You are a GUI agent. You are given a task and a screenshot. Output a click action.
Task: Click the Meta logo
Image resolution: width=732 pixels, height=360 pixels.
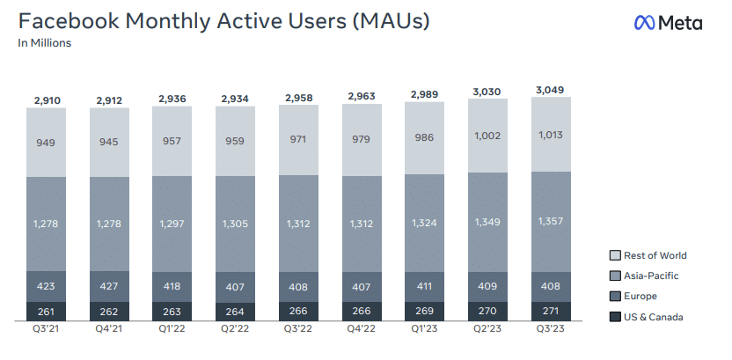coord(668,23)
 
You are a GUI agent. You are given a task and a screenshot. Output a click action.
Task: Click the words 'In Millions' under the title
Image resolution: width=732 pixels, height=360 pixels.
coord(45,42)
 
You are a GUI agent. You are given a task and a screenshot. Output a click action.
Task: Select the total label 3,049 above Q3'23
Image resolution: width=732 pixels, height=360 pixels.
coord(551,90)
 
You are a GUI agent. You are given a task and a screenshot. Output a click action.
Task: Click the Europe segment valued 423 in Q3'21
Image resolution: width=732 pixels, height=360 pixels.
coord(47,285)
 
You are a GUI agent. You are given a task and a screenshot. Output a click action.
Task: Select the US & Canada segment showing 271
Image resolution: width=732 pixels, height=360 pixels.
coord(551,312)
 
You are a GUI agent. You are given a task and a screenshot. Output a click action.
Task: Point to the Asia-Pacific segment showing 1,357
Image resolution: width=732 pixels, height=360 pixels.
coord(551,220)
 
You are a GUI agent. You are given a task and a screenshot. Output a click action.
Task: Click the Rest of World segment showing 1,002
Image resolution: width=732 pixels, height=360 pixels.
coord(487,136)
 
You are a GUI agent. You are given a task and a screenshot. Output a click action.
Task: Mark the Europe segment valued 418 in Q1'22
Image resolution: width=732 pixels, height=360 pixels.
coord(172,286)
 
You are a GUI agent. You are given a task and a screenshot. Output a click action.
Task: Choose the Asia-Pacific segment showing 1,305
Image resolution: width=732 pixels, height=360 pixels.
coord(236,224)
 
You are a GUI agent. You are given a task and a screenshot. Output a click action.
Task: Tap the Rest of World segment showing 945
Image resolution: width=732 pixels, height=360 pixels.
coord(109,143)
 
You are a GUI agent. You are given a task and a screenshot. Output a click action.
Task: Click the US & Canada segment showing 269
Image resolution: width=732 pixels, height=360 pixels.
coord(424,312)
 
